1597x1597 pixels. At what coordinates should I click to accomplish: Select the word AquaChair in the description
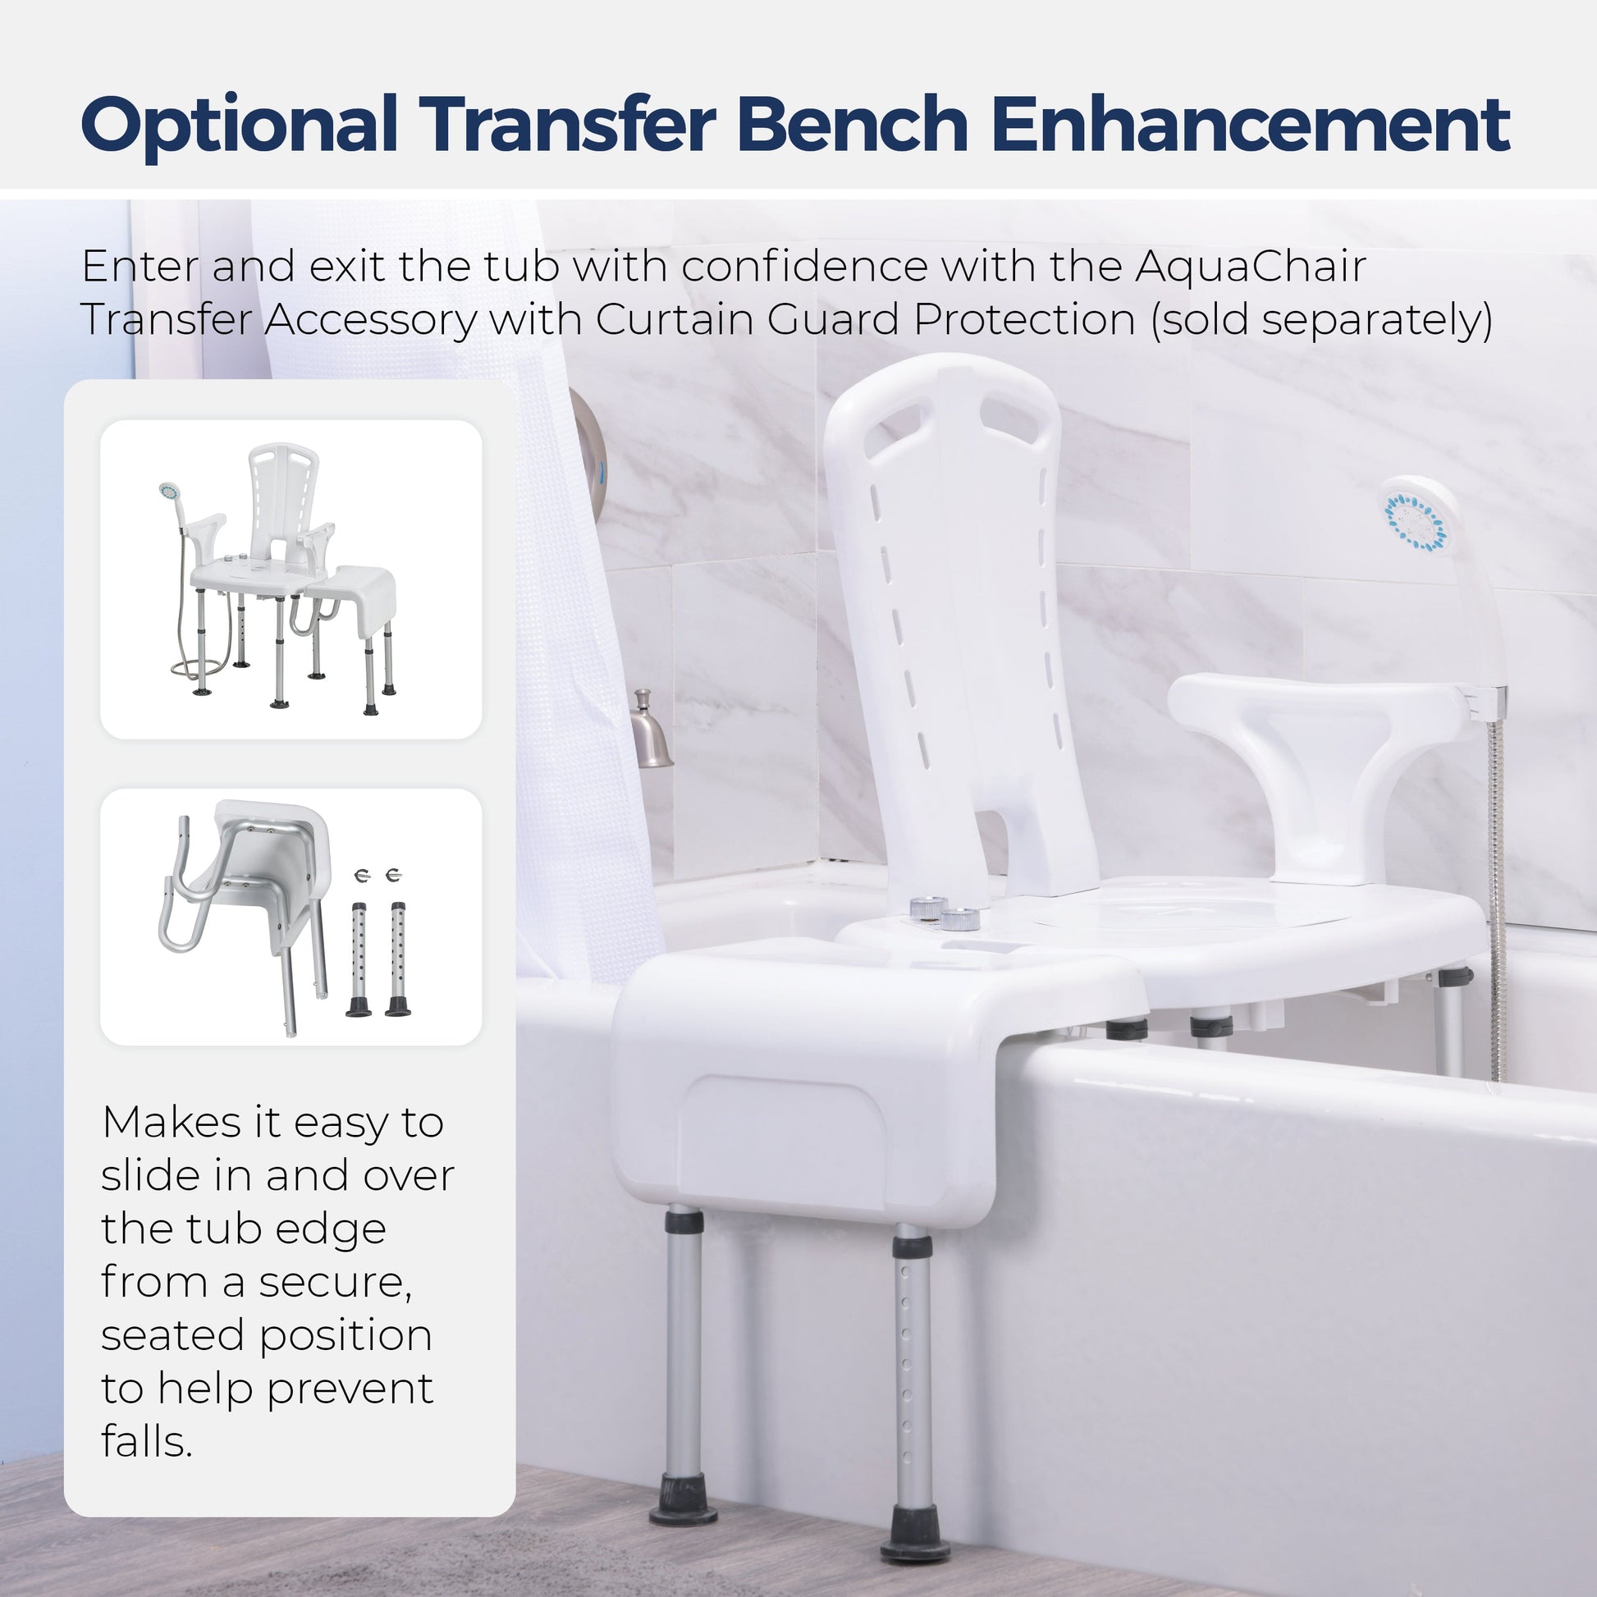(x=1250, y=268)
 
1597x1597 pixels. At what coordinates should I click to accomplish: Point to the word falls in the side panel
(x=146, y=1443)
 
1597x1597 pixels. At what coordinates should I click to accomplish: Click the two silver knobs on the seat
(x=945, y=912)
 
